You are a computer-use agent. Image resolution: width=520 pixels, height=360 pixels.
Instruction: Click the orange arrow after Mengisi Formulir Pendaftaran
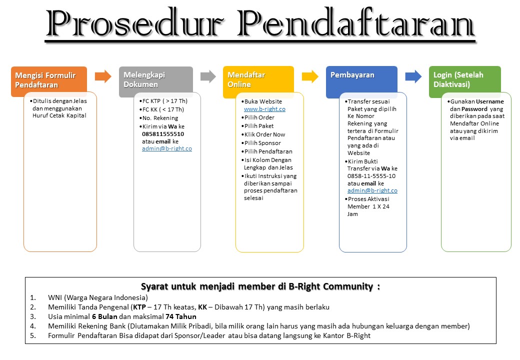[103, 76]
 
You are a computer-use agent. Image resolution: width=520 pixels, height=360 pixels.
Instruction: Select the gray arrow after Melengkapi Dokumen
[207, 76]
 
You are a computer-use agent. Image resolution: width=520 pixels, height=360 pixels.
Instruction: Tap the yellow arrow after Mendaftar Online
[310, 76]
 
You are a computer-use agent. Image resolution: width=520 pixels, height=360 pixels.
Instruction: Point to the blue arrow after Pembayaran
[413, 76]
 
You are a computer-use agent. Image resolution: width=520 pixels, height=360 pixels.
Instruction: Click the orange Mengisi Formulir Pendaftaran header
[48, 80]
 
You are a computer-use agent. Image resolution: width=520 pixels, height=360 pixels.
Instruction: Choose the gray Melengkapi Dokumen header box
[155, 80]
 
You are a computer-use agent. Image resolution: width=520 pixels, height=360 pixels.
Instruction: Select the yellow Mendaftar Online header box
[258, 80]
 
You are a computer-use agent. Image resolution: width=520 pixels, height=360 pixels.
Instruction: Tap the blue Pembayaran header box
[361, 80]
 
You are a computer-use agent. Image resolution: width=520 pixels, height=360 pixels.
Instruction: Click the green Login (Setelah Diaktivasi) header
[464, 80]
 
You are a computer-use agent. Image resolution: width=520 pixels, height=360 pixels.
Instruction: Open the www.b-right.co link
[264, 109]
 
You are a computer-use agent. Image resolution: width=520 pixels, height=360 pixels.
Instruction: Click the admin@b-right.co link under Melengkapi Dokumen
[167, 148]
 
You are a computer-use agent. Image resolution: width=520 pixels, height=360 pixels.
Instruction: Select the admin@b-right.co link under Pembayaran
[372, 190]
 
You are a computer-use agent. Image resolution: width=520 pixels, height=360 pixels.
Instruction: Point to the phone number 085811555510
[163, 134]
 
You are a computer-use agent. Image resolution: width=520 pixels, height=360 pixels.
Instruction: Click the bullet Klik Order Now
[264, 134]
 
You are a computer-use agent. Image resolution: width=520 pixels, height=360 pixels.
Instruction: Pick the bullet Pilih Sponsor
[262, 143]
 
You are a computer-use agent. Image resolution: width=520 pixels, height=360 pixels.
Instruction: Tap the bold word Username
[489, 101]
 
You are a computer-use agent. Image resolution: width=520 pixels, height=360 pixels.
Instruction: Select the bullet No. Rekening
[160, 118]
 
